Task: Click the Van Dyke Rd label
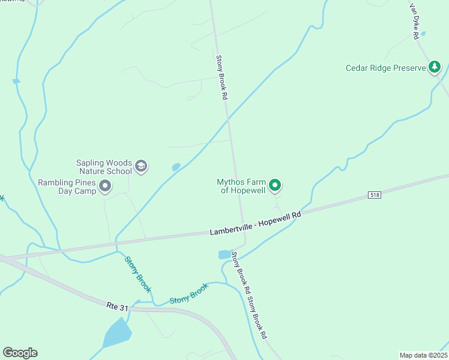pos(414,22)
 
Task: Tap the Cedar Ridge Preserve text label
pos(385,68)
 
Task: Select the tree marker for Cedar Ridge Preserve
pos(435,67)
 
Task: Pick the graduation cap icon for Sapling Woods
pos(141,166)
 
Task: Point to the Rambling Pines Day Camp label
pos(67,187)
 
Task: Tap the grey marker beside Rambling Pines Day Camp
pos(105,187)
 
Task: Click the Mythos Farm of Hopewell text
pos(241,186)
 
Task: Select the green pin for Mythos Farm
pos(275,186)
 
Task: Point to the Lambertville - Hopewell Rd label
pos(255,223)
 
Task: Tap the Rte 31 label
pos(117,307)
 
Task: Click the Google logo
pos(20,353)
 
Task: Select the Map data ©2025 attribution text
pos(423,355)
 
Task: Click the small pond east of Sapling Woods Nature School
pos(176,167)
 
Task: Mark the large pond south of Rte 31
pos(118,332)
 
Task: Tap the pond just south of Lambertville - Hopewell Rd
pos(224,254)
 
